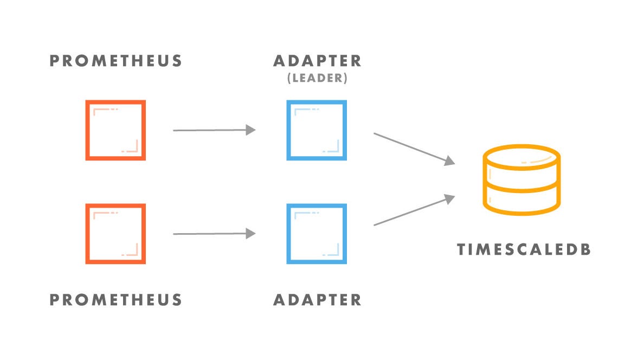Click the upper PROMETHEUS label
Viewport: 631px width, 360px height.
coord(115,61)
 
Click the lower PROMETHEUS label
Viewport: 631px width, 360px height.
coord(115,299)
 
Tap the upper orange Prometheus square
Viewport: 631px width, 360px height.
coord(115,130)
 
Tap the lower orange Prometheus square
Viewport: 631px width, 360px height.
coord(115,234)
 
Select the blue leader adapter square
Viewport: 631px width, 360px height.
coord(317,130)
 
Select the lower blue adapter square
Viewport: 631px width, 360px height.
coord(317,234)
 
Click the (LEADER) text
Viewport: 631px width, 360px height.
coord(317,78)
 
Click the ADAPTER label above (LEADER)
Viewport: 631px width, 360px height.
coord(317,61)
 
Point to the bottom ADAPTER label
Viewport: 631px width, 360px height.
coord(317,299)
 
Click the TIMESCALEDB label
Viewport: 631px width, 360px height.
coord(523,250)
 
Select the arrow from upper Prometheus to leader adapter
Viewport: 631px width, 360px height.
coord(211,130)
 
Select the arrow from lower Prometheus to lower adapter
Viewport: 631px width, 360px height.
coord(211,234)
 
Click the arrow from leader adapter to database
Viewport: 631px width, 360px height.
coord(412,147)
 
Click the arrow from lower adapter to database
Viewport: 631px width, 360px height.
coord(412,211)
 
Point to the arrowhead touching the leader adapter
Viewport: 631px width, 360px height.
coord(250,130)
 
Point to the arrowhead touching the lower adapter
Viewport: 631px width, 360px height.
coord(250,234)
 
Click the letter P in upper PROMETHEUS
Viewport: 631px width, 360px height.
coord(55,61)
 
